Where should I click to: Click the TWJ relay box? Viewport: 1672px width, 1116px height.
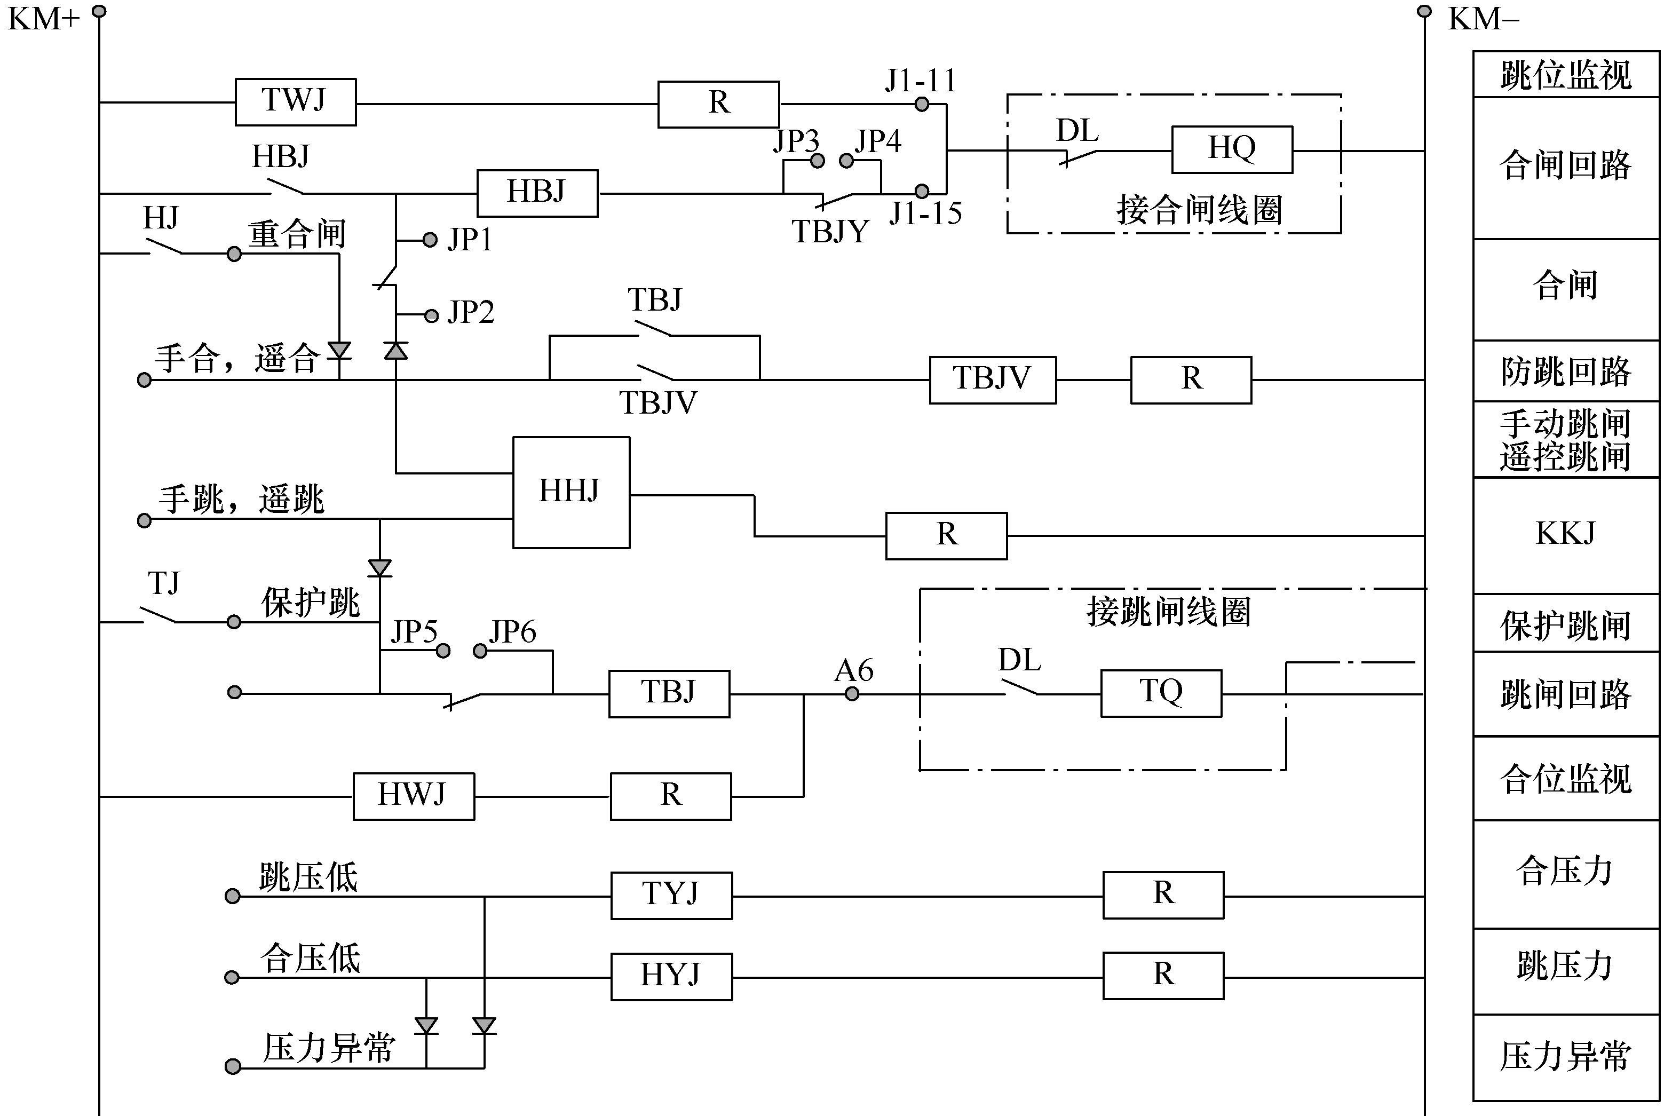pos(295,102)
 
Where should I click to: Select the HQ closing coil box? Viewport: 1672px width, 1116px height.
pos(1232,149)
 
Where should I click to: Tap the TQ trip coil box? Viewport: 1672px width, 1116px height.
pos(1160,693)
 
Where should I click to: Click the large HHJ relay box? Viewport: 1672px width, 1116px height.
pos(570,492)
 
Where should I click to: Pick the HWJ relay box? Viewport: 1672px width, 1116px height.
pos(414,796)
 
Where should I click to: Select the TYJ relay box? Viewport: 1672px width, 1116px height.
pos(671,895)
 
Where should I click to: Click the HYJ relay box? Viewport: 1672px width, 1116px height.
pos(671,976)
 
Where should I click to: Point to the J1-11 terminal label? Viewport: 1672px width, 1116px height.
pos(921,81)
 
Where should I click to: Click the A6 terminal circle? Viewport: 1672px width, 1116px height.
pos(852,694)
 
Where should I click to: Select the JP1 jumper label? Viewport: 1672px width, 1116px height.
pos(470,240)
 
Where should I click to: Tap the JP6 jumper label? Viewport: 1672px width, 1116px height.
pos(512,631)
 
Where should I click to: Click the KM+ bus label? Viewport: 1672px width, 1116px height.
pos(43,19)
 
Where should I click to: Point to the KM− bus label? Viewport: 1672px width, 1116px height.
pos(1484,19)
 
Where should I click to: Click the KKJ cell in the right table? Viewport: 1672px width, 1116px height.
pos(1565,534)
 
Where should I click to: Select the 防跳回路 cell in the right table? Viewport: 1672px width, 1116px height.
pos(1565,371)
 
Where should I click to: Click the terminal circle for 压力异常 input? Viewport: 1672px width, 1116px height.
pos(233,1066)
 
